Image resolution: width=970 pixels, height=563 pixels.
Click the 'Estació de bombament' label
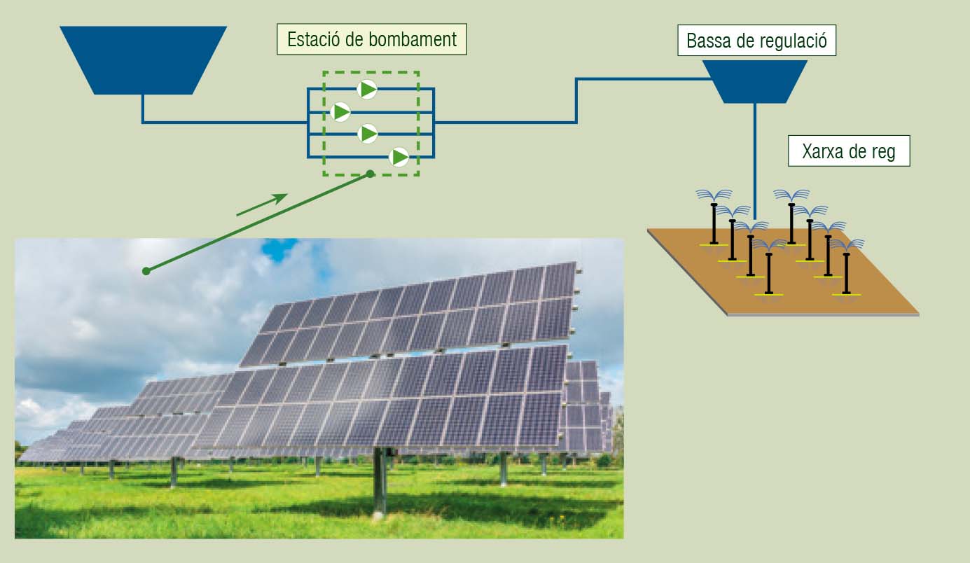click(372, 39)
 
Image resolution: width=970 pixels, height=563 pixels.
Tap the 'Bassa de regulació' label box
click(756, 41)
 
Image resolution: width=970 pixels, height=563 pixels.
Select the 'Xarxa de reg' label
click(849, 151)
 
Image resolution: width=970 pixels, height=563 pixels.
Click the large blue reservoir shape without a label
click(144, 60)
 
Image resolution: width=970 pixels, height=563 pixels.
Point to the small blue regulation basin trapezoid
click(755, 81)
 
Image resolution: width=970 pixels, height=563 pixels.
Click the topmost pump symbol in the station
click(367, 90)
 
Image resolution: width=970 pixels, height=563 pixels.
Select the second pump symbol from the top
click(340, 112)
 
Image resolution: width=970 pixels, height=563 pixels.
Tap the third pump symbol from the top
click(368, 134)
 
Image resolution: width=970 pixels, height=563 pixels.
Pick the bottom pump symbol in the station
click(399, 157)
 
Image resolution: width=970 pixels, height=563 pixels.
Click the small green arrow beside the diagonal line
click(262, 204)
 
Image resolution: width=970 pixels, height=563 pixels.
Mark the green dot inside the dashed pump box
click(370, 174)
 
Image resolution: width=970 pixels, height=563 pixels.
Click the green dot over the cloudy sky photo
click(146, 271)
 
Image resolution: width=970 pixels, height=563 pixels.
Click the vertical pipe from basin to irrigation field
click(755, 162)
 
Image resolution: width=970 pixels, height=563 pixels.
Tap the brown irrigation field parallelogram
click(783, 272)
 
